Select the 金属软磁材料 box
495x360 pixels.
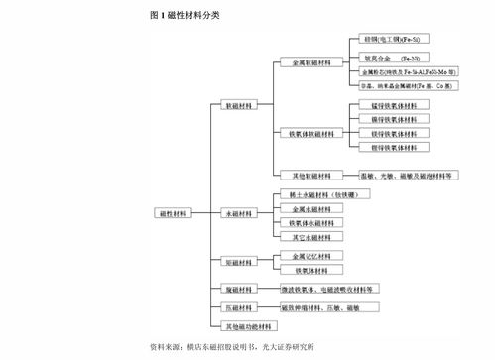pos(304,62)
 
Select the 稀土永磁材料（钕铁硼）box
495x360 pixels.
pos(315,194)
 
